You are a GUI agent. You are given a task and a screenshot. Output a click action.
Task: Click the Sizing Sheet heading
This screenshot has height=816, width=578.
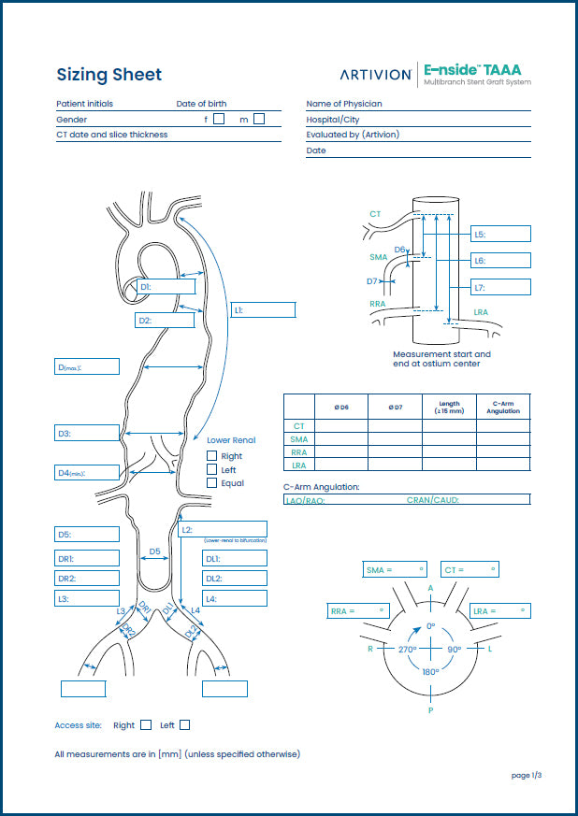(x=108, y=75)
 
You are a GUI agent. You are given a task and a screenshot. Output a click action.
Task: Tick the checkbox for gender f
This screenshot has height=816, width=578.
(x=219, y=119)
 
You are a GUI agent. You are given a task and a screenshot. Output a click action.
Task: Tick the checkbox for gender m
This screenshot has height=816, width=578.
(x=259, y=119)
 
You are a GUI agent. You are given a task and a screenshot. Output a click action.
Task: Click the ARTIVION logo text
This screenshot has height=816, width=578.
(x=375, y=75)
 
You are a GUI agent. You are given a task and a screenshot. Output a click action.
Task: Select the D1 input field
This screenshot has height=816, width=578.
(x=166, y=287)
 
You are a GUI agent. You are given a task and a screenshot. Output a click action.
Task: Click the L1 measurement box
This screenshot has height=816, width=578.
(x=263, y=309)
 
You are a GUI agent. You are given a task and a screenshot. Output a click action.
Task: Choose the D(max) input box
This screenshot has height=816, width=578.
(x=87, y=367)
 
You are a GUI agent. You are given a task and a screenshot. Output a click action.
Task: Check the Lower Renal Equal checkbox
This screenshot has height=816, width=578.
(x=212, y=483)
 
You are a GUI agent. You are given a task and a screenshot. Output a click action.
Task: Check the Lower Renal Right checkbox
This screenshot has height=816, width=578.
(x=212, y=456)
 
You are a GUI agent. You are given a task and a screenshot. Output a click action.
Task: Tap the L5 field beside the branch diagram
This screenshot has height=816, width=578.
(x=500, y=235)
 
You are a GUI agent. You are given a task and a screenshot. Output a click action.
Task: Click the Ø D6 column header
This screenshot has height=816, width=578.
(x=340, y=407)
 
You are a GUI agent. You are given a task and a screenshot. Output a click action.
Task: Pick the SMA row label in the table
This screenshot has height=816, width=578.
(x=299, y=439)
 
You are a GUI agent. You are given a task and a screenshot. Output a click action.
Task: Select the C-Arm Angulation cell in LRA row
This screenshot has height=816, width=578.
(x=503, y=465)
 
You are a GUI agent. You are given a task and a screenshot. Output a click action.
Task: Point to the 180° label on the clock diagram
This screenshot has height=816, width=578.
(x=430, y=672)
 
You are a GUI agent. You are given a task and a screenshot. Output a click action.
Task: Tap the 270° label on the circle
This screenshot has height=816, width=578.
(x=406, y=649)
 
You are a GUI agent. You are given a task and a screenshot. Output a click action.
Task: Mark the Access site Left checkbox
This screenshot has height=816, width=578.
(x=185, y=725)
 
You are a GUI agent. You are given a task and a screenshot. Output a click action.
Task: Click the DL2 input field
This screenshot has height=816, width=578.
(x=234, y=579)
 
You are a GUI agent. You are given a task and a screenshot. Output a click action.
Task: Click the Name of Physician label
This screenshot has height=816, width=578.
(x=343, y=104)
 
